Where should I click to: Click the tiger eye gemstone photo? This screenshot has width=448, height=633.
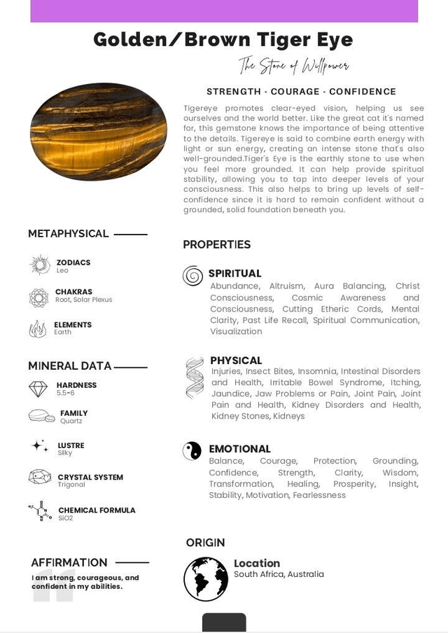click(99, 131)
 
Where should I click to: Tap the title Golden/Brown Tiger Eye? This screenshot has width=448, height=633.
click(223, 39)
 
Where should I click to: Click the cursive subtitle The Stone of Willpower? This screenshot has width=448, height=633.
click(293, 66)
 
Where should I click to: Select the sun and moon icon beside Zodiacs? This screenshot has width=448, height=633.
click(40, 265)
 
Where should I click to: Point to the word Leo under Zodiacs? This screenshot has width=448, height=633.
click(62, 271)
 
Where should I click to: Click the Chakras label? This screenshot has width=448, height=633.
click(73, 292)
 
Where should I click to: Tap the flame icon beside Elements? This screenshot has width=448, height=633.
click(38, 328)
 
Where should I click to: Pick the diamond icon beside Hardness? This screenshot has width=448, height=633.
click(38, 389)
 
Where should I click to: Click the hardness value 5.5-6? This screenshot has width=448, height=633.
click(65, 394)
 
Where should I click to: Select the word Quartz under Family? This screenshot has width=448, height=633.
click(71, 422)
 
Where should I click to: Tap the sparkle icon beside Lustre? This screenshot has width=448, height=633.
click(40, 446)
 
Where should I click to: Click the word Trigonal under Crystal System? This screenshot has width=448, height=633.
click(71, 485)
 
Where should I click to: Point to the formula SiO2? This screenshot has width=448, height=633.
click(65, 518)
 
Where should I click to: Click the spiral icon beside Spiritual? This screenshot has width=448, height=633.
click(192, 276)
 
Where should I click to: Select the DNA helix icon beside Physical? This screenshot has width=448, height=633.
click(195, 378)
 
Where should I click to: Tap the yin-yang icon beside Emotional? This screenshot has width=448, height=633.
click(192, 450)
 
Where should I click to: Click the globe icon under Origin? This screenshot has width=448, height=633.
click(206, 579)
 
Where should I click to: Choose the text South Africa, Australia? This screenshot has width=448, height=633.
click(279, 574)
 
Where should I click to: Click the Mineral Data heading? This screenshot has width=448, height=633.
click(69, 366)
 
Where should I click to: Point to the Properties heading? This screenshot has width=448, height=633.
click(216, 244)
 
